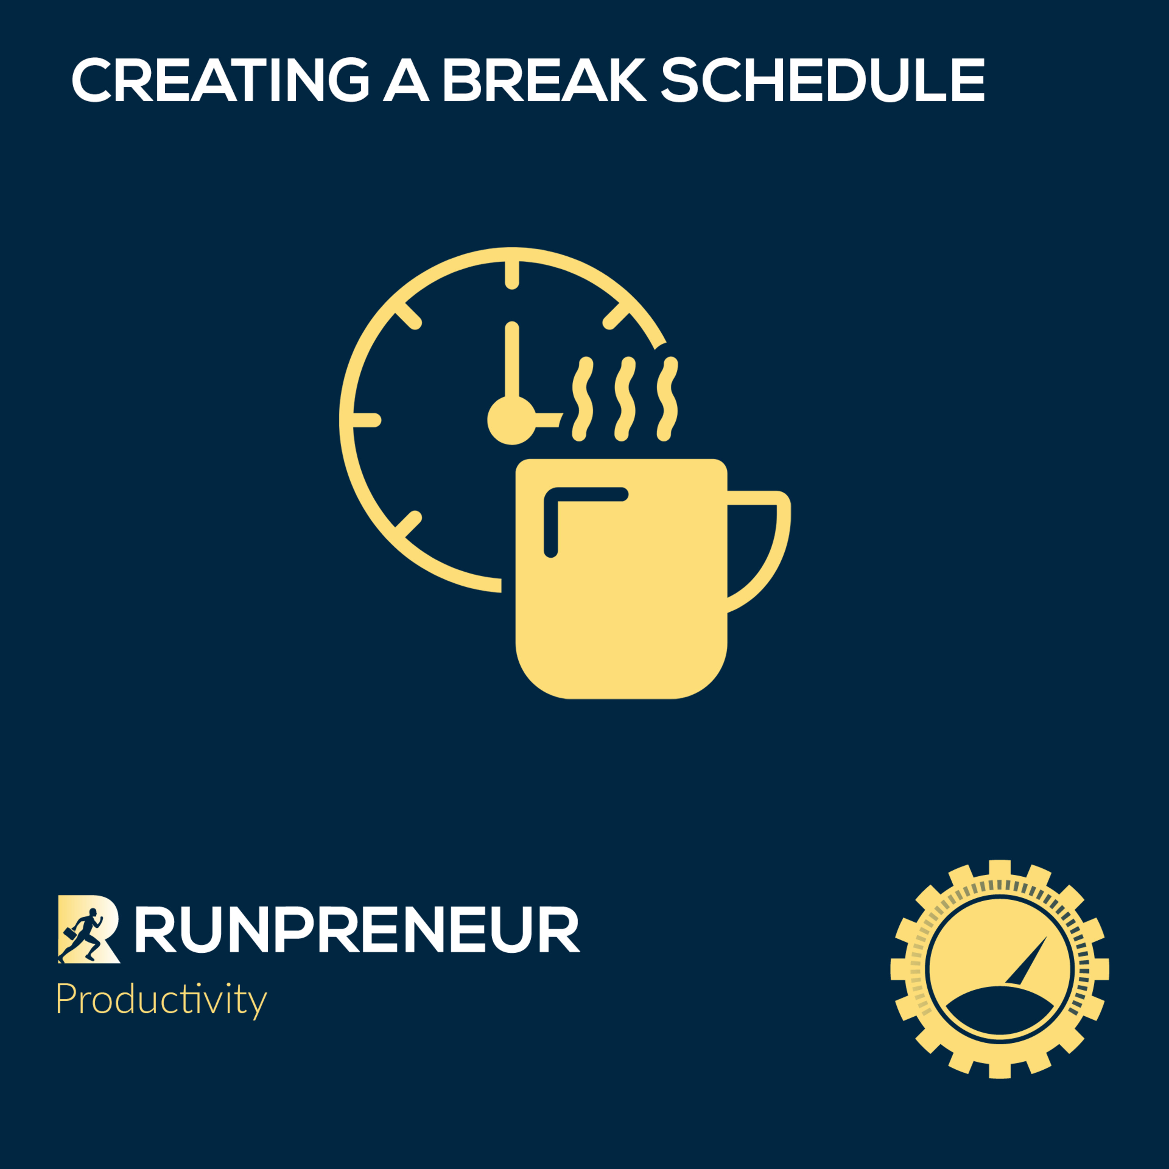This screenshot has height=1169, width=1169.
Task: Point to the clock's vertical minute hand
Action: pos(512,363)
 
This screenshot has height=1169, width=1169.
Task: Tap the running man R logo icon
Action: pos(88,929)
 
